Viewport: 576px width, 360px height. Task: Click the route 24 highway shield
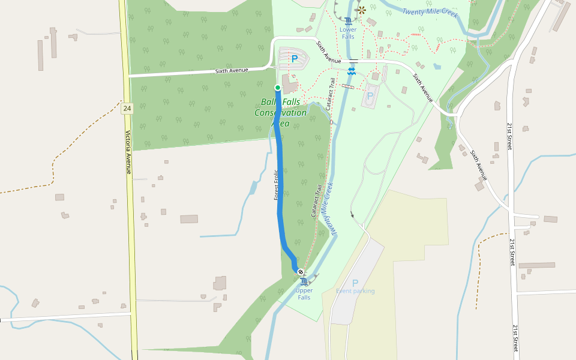click(x=127, y=109)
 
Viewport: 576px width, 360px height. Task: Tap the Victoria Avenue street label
click(x=128, y=152)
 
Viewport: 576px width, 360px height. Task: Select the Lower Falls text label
click(x=348, y=33)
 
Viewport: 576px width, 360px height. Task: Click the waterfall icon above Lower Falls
click(x=348, y=21)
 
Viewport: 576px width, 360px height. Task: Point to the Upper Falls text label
click(x=304, y=294)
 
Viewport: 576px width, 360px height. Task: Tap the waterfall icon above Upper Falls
click(x=304, y=282)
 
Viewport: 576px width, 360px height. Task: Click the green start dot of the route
click(x=278, y=88)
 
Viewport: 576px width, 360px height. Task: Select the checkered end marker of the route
click(x=301, y=272)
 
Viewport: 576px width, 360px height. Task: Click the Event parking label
click(x=355, y=291)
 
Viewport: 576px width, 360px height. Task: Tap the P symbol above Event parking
click(x=355, y=283)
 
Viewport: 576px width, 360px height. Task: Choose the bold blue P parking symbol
click(x=294, y=59)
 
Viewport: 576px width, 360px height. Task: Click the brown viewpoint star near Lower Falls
click(x=361, y=10)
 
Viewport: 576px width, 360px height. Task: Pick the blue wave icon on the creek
click(x=351, y=71)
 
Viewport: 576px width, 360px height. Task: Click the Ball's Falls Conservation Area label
click(x=281, y=112)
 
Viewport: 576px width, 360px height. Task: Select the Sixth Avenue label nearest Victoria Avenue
click(x=232, y=71)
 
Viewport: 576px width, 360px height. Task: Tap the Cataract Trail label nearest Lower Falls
click(x=331, y=94)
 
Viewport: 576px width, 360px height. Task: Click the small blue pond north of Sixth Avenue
click(x=437, y=67)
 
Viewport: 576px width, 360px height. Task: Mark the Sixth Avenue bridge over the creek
click(x=354, y=61)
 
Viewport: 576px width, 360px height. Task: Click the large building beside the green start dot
click(x=290, y=88)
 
